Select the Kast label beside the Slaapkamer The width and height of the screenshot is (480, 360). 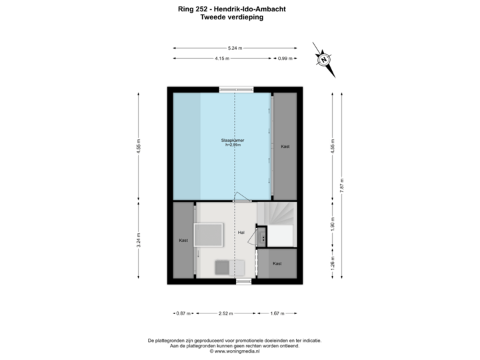click(x=285, y=146)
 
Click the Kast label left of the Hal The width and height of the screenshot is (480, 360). click(x=183, y=240)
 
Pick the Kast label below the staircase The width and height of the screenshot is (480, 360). click(x=277, y=263)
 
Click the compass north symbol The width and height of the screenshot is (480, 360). click(x=324, y=59)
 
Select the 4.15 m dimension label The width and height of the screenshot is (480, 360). click(x=222, y=59)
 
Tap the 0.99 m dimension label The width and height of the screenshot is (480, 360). click(x=285, y=59)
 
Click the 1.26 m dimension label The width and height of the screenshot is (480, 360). click(x=333, y=261)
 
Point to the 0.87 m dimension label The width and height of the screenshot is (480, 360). click(x=183, y=313)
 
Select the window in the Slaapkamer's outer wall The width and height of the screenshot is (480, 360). click(x=235, y=89)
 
